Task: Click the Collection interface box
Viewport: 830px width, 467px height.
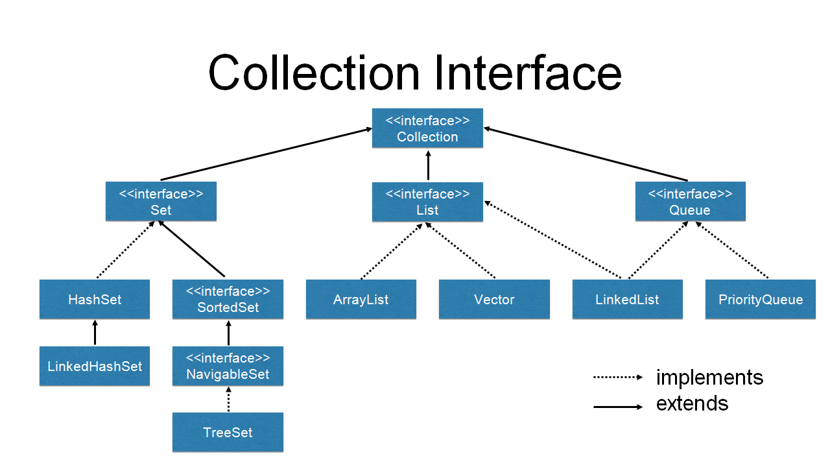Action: point(427,128)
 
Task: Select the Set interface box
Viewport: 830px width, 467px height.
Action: point(161,202)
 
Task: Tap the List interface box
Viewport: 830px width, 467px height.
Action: point(427,202)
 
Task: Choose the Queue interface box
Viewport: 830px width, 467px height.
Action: point(690,202)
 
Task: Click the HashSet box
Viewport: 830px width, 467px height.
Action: point(95,300)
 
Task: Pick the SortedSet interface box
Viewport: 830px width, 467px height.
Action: point(228,300)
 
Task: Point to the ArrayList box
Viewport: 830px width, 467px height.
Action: point(361,300)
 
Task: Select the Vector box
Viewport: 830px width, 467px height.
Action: point(494,300)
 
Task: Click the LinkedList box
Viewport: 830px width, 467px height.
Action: point(627,300)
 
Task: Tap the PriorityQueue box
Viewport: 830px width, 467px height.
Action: point(760,300)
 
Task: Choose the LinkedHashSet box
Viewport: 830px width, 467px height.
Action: point(95,366)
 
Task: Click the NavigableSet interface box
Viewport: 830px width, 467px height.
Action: point(228,366)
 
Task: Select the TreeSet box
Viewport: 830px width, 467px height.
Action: point(228,433)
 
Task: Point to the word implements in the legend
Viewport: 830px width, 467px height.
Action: point(709,377)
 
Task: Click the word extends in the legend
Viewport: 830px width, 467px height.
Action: point(692,404)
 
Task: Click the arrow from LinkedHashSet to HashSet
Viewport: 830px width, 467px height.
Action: point(95,333)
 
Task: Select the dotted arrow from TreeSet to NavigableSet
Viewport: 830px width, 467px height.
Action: point(228,400)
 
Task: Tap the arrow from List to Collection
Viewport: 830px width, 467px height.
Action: point(428,165)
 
